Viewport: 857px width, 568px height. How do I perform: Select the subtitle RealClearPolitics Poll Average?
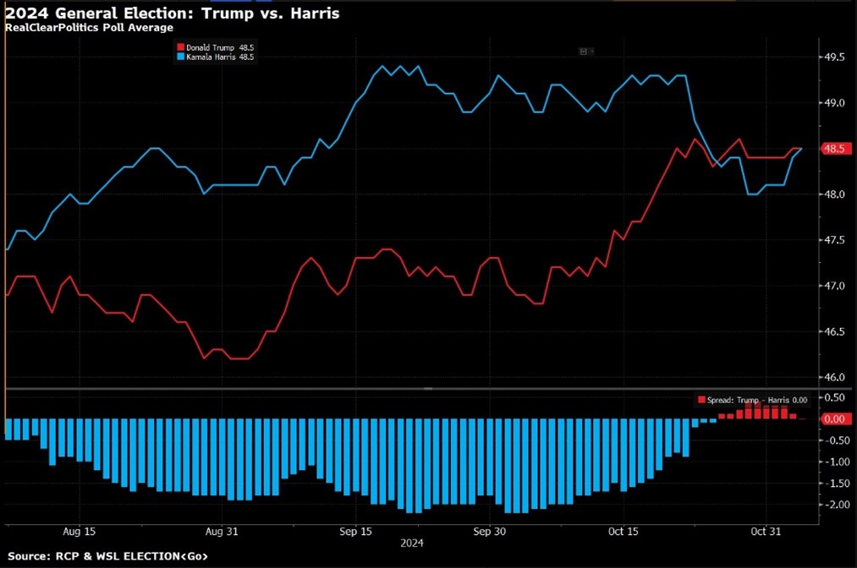89,28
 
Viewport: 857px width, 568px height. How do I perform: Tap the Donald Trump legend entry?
214,46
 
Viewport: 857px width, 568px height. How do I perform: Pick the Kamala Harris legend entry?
214,57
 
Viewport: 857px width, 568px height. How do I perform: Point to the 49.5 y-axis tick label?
835,57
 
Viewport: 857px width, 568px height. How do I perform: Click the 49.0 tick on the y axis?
835,103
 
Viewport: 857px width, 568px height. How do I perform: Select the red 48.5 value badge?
835,149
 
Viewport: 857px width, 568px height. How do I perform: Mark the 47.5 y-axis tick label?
835,240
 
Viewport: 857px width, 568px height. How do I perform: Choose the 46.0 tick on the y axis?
835,377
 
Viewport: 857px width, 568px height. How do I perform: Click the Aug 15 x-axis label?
79,532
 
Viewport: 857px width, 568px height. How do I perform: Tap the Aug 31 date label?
222,532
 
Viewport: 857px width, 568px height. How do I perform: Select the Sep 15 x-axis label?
355,532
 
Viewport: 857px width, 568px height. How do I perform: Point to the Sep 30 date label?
490,532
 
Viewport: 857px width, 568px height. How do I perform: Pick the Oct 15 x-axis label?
623,532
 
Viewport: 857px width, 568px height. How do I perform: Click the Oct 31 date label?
766,532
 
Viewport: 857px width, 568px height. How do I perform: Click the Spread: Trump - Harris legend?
753,400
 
